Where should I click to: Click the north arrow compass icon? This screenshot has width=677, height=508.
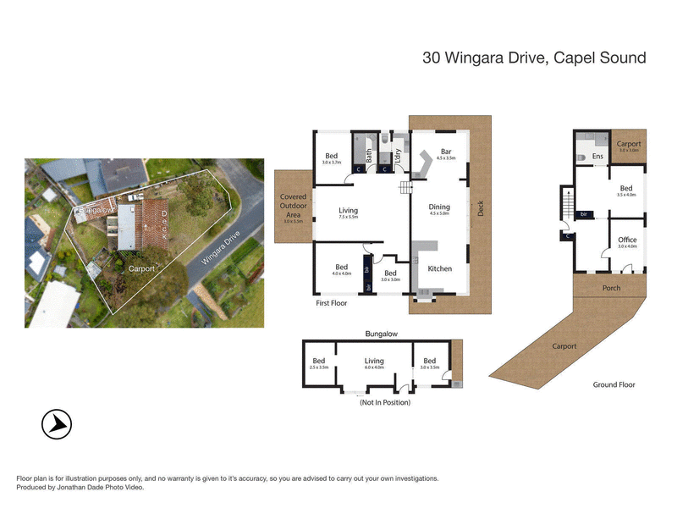[57, 423]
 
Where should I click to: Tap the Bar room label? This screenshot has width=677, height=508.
[445, 152]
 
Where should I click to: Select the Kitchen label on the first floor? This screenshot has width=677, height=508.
[439, 268]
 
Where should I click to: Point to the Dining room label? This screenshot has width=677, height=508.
[439, 207]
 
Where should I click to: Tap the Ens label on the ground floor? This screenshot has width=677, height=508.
[597, 157]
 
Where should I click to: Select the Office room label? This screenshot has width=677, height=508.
[626, 240]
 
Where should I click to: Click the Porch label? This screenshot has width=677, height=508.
[610, 288]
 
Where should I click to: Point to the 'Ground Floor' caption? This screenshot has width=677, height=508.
[614, 384]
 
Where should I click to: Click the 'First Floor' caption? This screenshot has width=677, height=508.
[332, 301]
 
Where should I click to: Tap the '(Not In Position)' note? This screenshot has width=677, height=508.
[385, 402]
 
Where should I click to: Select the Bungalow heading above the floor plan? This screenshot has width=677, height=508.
[382, 334]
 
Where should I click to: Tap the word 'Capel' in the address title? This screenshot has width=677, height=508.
[553, 58]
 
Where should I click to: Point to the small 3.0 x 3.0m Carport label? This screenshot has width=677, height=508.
[628, 150]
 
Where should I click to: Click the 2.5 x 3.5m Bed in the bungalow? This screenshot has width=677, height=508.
[318, 367]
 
